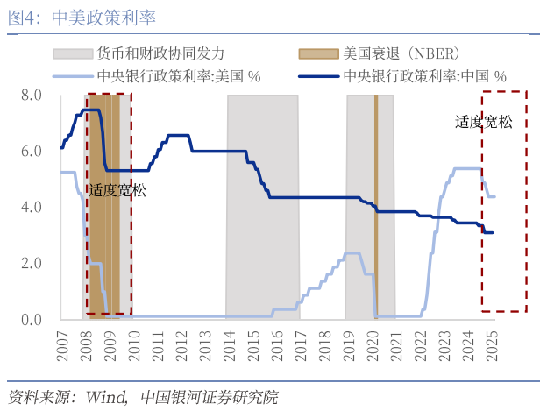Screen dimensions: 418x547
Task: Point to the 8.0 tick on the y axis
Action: pos(32,95)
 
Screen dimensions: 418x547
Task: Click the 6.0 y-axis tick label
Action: pos(32,151)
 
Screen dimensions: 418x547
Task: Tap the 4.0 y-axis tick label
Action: pos(32,207)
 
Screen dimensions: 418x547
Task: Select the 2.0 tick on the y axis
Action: pos(32,263)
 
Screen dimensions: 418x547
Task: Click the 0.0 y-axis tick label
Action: pos(32,319)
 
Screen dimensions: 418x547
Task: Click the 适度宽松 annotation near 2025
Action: pos(483,122)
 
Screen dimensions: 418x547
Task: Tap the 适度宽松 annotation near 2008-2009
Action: pos(117,188)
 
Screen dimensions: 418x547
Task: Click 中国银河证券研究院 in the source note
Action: pos(209,397)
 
